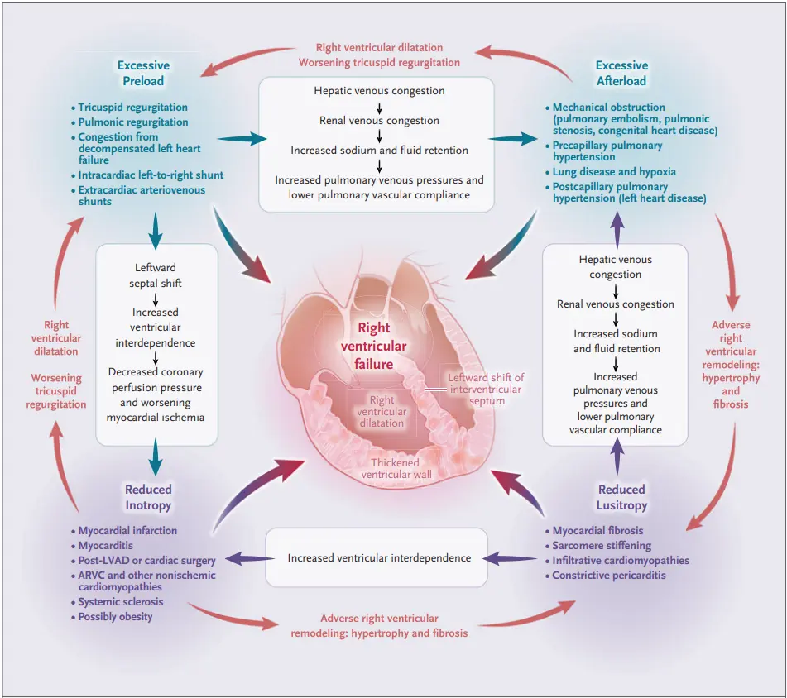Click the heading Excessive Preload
[x=143, y=73]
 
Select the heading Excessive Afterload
[x=621, y=73]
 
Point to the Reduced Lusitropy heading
[x=622, y=497]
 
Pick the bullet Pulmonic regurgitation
[x=132, y=122]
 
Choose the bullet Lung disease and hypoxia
[x=614, y=172]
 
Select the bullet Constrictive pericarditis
[x=608, y=576]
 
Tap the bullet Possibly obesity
[x=115, y=617]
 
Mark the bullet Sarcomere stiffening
[x=602, y=546]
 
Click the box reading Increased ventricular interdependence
[x=379, y=558]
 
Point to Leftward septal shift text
[x=156, y=275]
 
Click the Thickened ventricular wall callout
[x=395, y=469]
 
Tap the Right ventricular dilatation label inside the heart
[x=382, y=411]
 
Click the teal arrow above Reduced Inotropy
[x=156, y=455]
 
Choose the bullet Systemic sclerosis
[x=121, y=602]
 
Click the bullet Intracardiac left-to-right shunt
[x=151, y=175]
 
